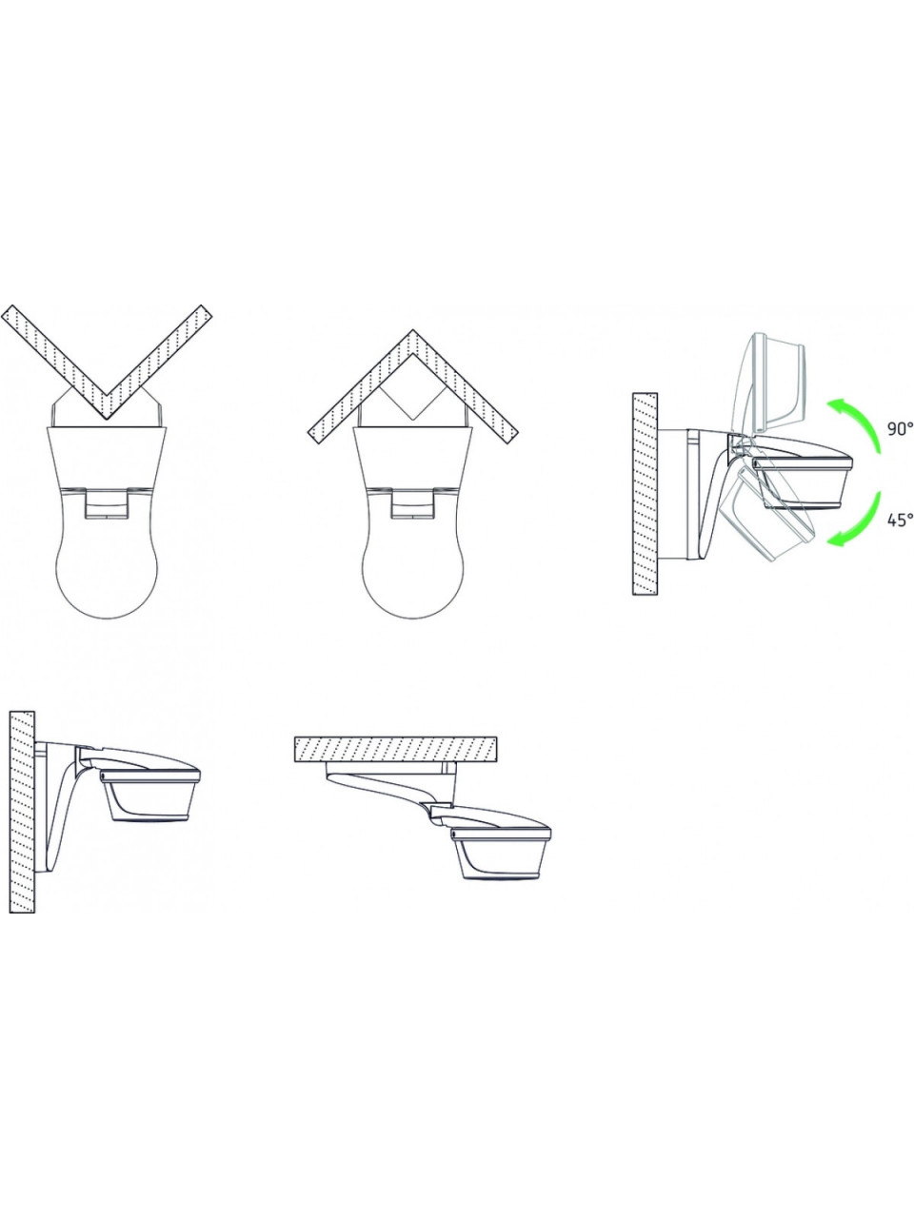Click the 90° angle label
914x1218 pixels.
click(x=900, y=428)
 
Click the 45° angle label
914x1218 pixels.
click(x=900, y=520)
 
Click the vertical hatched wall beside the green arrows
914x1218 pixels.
click(x=645, y=494)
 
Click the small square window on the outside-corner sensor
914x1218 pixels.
click(x=107, y=503)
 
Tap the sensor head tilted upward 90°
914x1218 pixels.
click(x=773, y=385)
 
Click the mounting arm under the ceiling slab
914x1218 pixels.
click(x=391, y=787)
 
